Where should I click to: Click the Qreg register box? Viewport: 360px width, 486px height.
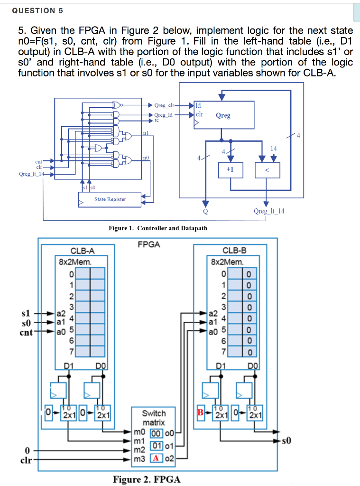tap(223, 115)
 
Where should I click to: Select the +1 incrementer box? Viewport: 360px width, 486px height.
tap(230, 170)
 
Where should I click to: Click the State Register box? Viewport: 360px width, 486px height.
tap(110, 199)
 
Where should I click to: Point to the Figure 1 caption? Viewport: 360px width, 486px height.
tap(158, 228)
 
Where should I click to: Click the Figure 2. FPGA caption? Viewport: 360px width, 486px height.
tap(147, 479)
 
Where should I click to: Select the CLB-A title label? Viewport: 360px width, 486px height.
tap(82, 251)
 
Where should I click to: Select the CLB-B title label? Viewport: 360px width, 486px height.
tap(234, 251)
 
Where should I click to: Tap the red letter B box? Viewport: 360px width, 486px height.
tap(201, 413)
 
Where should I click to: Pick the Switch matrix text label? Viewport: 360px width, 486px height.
tap(154, 418)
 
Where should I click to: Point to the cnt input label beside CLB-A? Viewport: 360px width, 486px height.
tap(26, 332)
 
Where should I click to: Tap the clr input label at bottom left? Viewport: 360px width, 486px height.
tap(27, 459)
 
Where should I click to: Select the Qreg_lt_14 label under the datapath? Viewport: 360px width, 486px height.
tap(269, 211)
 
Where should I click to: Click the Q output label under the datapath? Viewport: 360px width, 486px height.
tap(205, 211)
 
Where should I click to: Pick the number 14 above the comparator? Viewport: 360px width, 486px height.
tap(273, 149)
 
